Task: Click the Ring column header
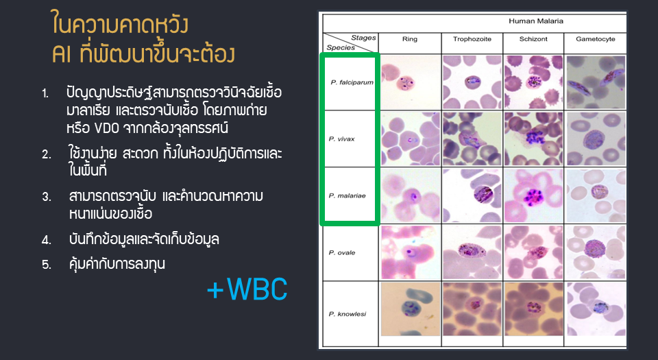(410, 39)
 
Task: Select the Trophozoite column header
(472, 39)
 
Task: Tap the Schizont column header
(533, 39)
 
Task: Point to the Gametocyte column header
(596, 39)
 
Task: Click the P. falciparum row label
(352, 82)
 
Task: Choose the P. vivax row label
(341, 139)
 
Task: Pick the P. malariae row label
(347, 195)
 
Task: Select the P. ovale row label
(342, 252)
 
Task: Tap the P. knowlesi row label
(348, 314)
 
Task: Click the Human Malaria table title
(536, 21)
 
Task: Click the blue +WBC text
(247, 289)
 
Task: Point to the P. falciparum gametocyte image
(596, 82)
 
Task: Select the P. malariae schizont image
(533, 195)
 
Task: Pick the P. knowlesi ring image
(410, 309)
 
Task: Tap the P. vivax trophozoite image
(472, 139)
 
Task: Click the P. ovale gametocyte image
(596, 252)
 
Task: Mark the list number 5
(46, 265)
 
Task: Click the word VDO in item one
(107, 128)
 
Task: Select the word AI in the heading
(62, 54)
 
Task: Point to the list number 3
(46, 197)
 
